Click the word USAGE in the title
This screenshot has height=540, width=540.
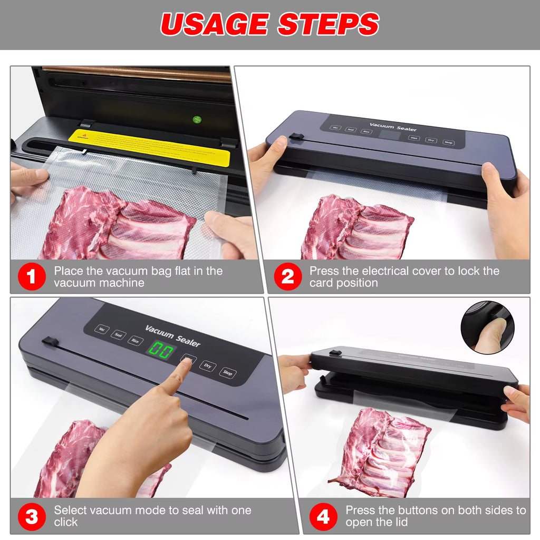point(213,24)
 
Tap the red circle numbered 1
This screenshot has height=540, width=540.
point(32,277)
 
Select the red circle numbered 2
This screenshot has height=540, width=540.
point(288,277)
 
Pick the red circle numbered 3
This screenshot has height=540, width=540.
point(32,516)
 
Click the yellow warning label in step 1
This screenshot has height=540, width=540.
point(149,148)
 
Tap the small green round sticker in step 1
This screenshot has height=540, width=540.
point(197,120)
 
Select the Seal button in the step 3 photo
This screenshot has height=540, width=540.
point(118,335)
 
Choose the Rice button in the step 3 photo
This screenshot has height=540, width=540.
point(136,341)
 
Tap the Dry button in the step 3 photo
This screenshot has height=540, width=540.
point(208,366)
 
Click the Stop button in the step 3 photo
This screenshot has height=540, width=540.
point(227,373)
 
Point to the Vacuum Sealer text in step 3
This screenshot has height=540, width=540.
point(172,336)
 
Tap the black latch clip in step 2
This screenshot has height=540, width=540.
point(296,137)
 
